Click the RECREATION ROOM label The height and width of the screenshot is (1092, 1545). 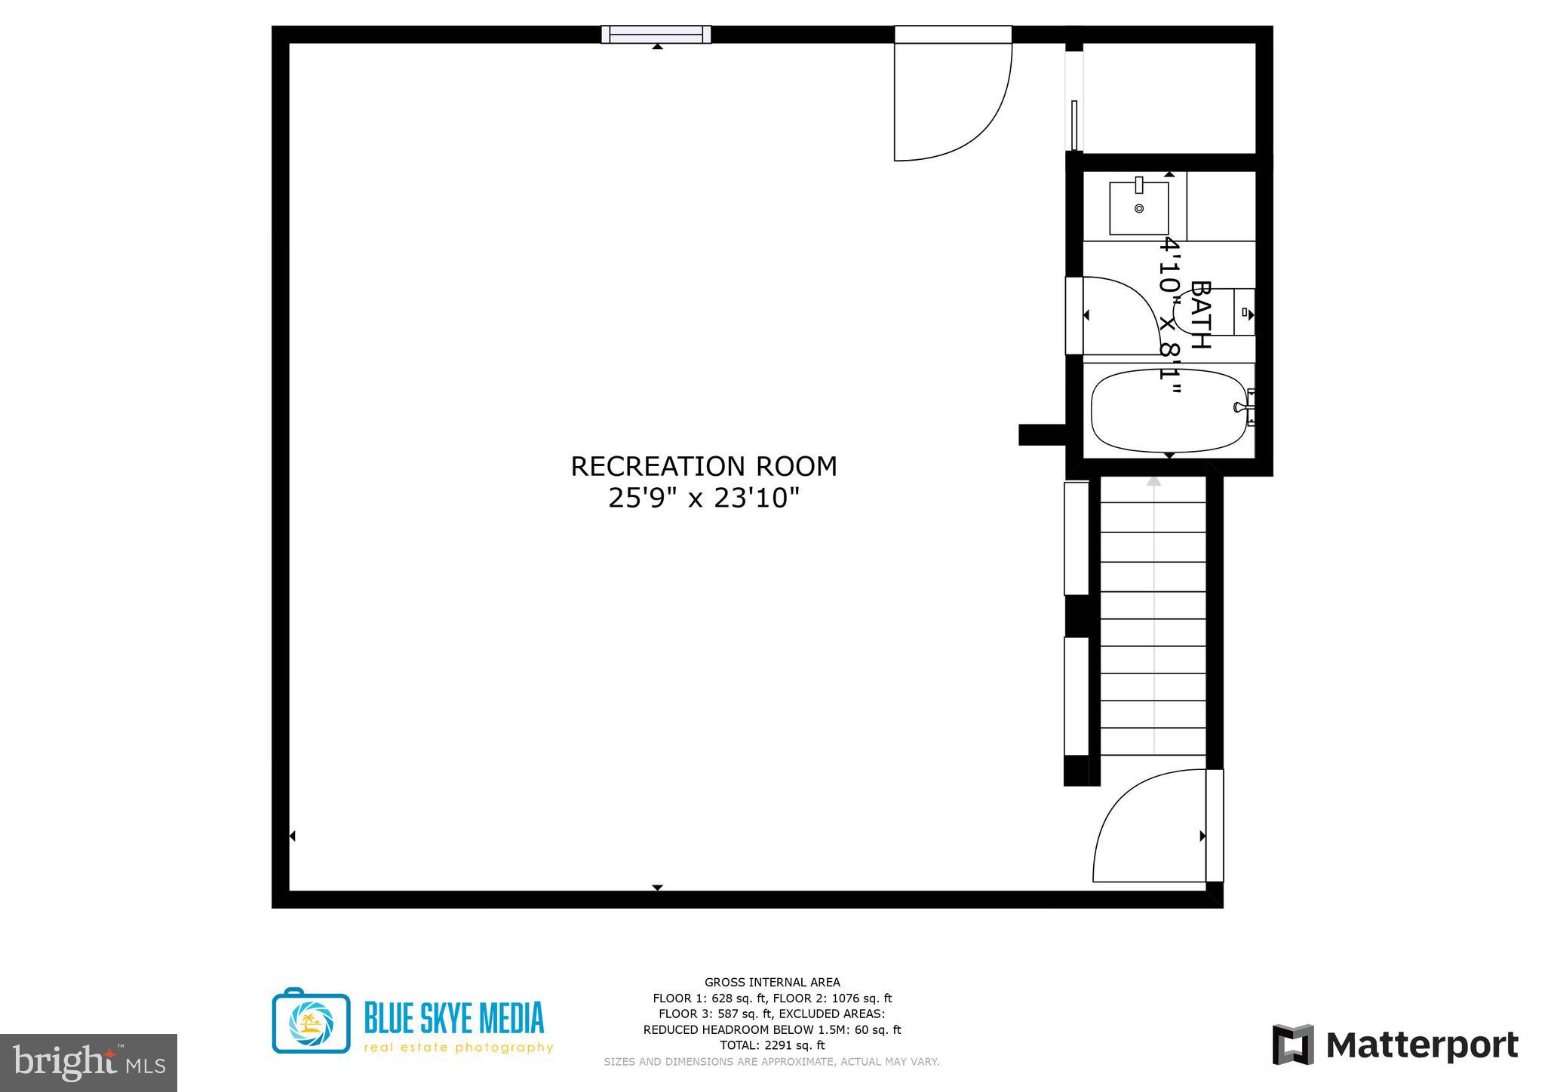tap(703, 466)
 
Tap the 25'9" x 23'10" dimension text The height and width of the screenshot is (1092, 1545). tap(703, 498)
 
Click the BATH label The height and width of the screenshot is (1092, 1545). tap(1200, 314)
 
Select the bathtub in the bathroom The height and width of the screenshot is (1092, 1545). tap(1168, 411)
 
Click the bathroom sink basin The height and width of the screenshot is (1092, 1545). tap(1138, 208)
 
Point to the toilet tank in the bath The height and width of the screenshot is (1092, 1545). tap(1244, 311)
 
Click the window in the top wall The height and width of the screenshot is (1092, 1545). tap(656, 34)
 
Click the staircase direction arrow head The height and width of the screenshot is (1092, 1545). tap(1153, 480)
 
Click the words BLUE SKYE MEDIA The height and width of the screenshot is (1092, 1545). tap(453, 1017)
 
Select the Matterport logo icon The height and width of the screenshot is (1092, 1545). tap(1292, 1044)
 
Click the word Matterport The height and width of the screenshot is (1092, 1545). tap(1421, 1045)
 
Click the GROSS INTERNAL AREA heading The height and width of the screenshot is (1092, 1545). tap(772, 982)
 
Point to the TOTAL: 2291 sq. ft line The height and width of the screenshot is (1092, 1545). tap(772, 1045)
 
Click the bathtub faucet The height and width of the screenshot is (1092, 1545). tap(1242, 407)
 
